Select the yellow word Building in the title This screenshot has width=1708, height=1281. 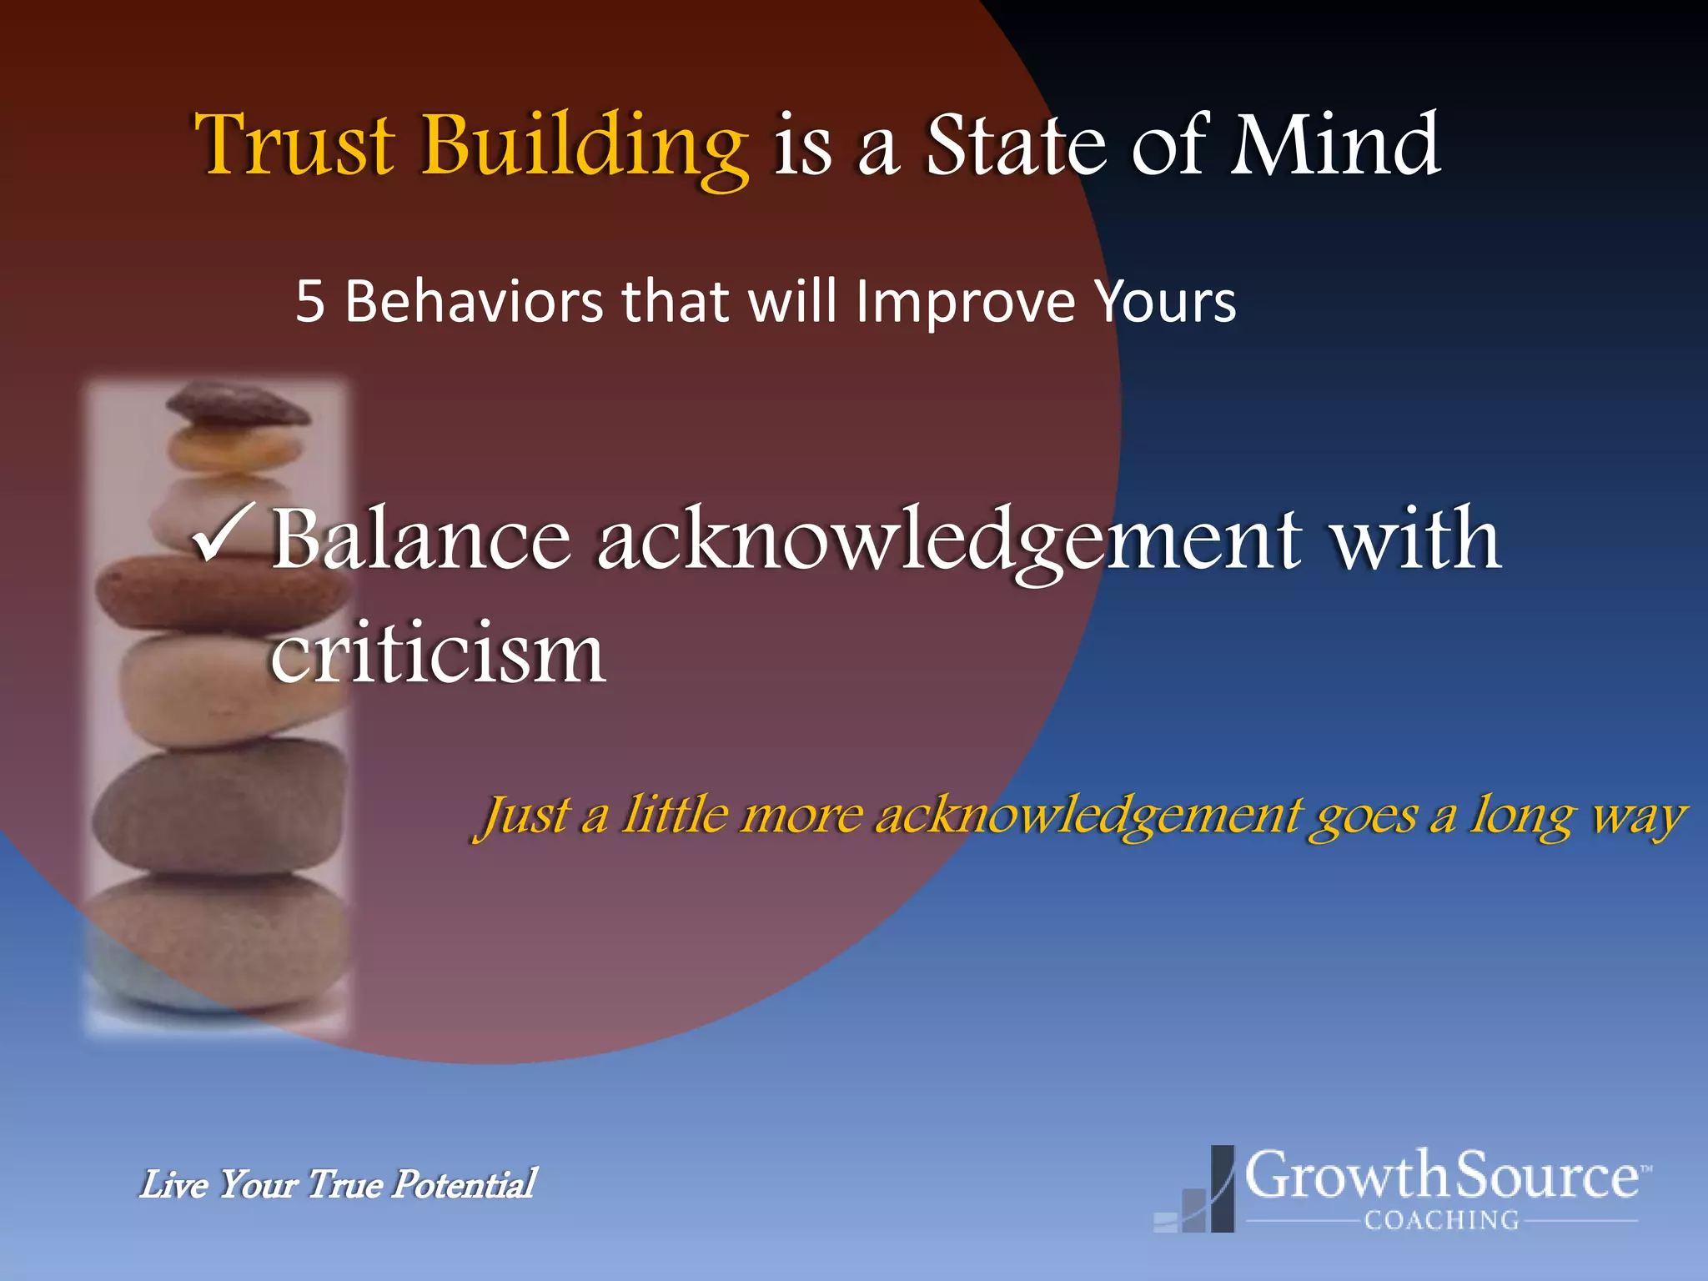point(584,146)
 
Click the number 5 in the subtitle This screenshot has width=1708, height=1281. point(309,302)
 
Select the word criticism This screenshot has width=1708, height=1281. point(438,652)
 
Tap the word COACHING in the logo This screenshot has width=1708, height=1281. point(1442,1220)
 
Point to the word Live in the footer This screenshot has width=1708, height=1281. point(173,1184)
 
